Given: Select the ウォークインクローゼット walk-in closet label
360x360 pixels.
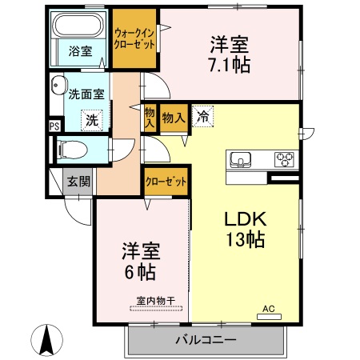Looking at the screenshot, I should pyautogui.click(x=135, y=38).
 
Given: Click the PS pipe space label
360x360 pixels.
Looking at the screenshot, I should pyautogui.click(x=54, y=126).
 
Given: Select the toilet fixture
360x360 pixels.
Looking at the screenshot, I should pyautogui.click(x=70, y=149).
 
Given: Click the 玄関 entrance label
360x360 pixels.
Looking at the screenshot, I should pyautogui.click(x=78, y=181).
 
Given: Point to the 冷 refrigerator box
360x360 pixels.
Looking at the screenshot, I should pyautogui.click(x=202, y=117).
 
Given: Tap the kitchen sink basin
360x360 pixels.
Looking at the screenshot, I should pyautogui.click(x=241, y=158).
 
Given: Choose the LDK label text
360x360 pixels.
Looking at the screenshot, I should pyautogui.click(x=244, y=218).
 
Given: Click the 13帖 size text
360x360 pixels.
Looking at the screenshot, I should pyautogui.click(x=244, y=238).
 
